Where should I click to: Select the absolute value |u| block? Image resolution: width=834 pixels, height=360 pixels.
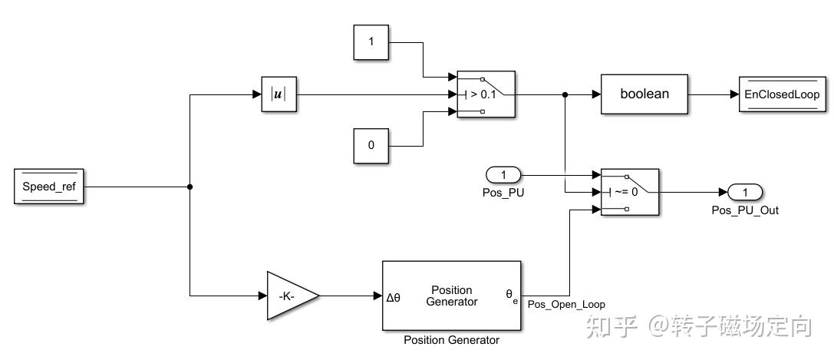pyautogui.click(x=278, y=94)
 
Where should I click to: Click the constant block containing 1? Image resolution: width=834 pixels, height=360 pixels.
pyautogui.click(x=372, y=42)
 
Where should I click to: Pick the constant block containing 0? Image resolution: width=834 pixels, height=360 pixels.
pyautogui.click(x=372, y=145)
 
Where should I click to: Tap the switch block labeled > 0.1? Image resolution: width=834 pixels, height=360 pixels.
pyautogui.click(x=486, y=94)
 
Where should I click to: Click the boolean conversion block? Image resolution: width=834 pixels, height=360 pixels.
pyautogui.click(x=644, y=94)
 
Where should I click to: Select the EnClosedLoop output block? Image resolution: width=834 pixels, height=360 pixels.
pyautogui.click(x=780, y=94)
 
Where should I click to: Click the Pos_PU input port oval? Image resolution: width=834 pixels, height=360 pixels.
pyautogui.click(x=503, y=175)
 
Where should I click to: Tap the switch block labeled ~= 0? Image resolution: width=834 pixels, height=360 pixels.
pyautogui.click(x=629, y=192)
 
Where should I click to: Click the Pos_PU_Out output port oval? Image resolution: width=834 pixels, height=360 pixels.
pyautogui.click(x=743, y=192)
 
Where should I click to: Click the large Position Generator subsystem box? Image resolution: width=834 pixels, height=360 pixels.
pyautogui.click(x=452, y=296)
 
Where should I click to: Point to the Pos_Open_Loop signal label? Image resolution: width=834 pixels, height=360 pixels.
pyautogui.click(x=566, y=305)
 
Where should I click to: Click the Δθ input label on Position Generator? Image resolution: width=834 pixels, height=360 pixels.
pyautogui.click(x=394, y=296)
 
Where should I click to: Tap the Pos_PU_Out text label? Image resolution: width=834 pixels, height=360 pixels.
pyautogui.click(x=745, y=210)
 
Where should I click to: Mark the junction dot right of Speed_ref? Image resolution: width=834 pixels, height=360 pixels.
pyautogui.click(x=190, y=187)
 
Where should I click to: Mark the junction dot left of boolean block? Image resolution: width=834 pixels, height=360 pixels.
pyautogui.click(x=565, y=94)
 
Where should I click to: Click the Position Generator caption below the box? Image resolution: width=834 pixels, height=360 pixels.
pyautogui.click(x=451, y=340)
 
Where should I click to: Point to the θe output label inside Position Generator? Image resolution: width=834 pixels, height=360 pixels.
pyautogui.click(x=512, y=295)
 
